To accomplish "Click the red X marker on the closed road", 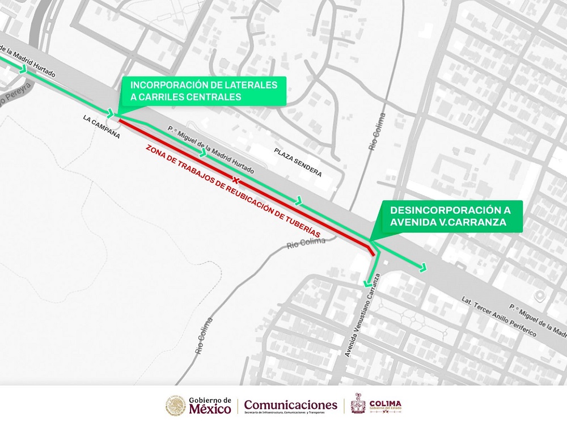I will (234, 180).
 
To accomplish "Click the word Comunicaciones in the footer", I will (290, 404).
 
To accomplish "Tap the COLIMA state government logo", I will (376, 405).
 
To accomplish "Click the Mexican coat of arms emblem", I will (176, 405).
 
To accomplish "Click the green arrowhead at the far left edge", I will (23, 69).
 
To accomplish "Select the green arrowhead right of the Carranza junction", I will (422, 267).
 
